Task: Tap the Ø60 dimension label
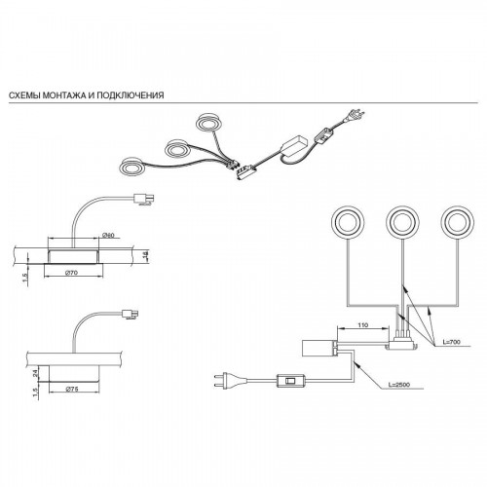tap(109, 235)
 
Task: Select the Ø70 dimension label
tap(72, 273)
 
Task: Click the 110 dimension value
tap(362, 325)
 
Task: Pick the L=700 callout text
tap(451, 342)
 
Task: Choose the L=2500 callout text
tap(399, 385)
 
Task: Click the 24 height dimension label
tap(36, 373)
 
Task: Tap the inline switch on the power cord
tap(291, 381)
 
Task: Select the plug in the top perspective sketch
tap(356, 115)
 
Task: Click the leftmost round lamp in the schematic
tap(348, 222)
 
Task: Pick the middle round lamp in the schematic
tap(402, 222)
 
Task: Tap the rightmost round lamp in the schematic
tap(458, 222)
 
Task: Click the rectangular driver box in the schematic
tap(318, 348)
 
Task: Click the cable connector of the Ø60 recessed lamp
tap(144, 199)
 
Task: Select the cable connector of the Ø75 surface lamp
tap(130, 314)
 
